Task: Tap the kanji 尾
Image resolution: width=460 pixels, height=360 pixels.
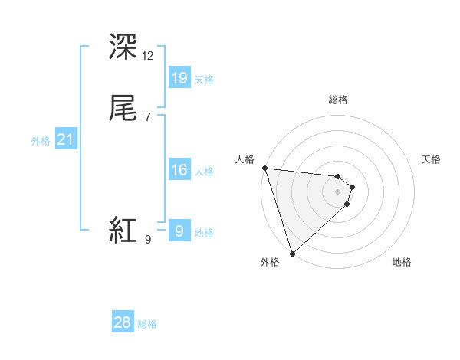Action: tap(123, 109)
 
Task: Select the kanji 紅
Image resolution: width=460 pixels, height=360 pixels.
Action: tap(123, 230)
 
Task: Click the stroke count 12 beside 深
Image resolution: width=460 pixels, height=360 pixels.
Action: tap(148, 55)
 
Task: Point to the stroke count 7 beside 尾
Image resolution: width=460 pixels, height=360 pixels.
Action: tap(147, 116)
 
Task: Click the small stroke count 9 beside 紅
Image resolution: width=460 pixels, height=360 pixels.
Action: tap(147, 240)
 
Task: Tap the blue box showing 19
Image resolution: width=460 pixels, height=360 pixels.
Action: tap(179, 78)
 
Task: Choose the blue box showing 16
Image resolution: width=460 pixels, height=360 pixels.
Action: tap(179, 170)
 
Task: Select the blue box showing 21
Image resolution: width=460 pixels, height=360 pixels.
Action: tap(65, 139)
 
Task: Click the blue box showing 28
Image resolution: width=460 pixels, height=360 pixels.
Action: tap(123, 322)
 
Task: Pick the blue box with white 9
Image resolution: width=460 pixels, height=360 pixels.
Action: tap(179, 231)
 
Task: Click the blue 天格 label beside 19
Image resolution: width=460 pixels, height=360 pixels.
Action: tap(204, 80)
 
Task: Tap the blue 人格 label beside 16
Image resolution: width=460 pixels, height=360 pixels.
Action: tap(204, 172)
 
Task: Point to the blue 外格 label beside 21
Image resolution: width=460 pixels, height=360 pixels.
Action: tap(41, 141)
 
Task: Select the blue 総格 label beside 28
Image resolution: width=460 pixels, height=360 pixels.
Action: tap(147, 324)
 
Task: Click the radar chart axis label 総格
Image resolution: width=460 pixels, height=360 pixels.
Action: tap(338, 100)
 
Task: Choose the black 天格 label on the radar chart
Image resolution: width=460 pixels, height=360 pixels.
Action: tap(432, 159)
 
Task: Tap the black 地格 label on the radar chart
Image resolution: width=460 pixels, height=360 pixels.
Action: tap(402, 262)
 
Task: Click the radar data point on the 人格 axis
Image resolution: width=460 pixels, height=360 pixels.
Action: tap(264, 168)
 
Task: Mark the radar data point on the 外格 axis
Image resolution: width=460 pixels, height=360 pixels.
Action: tap(292, 253)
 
